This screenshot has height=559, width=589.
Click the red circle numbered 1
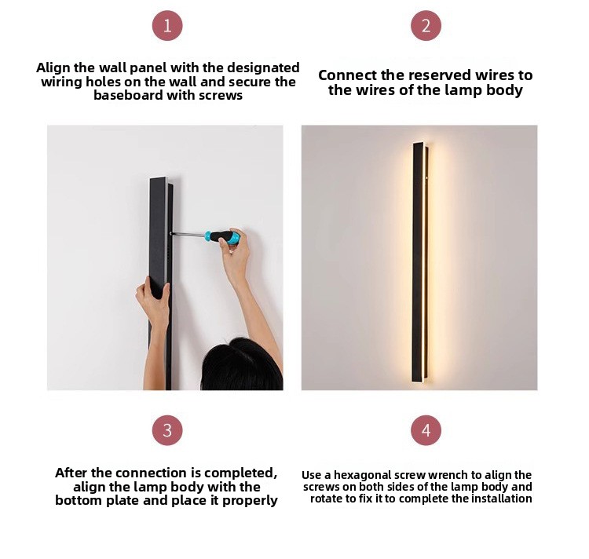coord(167,26)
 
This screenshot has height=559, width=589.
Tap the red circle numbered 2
coord(426,26)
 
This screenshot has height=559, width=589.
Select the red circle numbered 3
coord(167,430)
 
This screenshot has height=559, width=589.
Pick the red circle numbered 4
coord(426,430)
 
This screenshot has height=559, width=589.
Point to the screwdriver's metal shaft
coord(188,234)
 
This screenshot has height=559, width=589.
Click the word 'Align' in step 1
coord(53,68)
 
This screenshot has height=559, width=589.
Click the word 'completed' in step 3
coord(240,473)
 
